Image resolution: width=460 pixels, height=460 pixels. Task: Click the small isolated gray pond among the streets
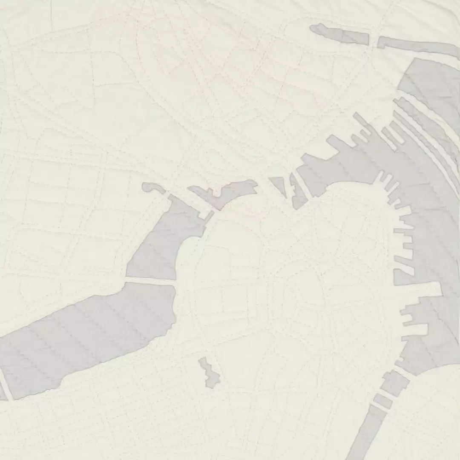click(x=209, y=373)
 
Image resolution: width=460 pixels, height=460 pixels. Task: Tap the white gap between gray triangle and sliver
click(x=289, y=187)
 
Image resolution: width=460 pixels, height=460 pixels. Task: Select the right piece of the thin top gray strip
click(x=417, y=45)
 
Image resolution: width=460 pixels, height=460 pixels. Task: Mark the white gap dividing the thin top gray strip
click(x=373, y=40)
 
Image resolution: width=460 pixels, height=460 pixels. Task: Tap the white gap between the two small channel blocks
click(x=388, y=394)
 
